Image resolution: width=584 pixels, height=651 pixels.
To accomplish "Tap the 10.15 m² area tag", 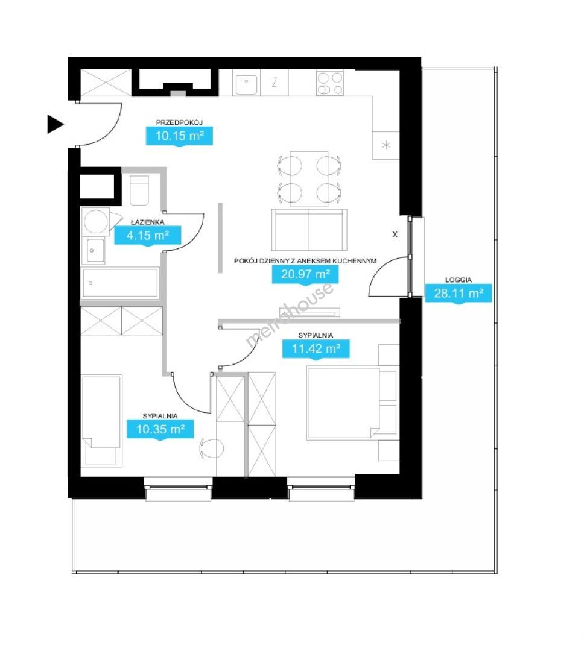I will (x=179, y=136).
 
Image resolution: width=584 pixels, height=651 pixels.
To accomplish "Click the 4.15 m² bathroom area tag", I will (x=147, y=236).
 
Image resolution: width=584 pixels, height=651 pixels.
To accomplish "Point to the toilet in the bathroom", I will (x=139, y=191).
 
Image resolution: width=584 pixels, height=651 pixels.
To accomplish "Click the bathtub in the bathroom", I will (x=121, y=283).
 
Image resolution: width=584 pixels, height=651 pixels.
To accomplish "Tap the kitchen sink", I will (x=246, y=84).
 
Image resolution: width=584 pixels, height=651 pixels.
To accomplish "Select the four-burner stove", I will (x=330, y=84).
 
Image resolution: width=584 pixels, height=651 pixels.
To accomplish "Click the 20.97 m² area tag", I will (x=305, y=275).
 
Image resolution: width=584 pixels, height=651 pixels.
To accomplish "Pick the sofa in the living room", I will (x=309, y=230).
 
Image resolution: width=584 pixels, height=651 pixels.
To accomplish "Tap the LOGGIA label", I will (x=459, y=280).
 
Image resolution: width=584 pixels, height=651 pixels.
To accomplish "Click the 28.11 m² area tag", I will (x=459, y=294).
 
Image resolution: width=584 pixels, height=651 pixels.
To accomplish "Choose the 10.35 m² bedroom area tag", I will (x=160, y=429).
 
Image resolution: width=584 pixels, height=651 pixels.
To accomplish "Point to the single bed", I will (x=102, y=420).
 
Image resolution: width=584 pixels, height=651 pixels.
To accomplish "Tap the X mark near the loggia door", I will (x=395, y=234).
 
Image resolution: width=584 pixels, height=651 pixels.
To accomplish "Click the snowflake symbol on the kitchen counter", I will (x=387, y=145).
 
